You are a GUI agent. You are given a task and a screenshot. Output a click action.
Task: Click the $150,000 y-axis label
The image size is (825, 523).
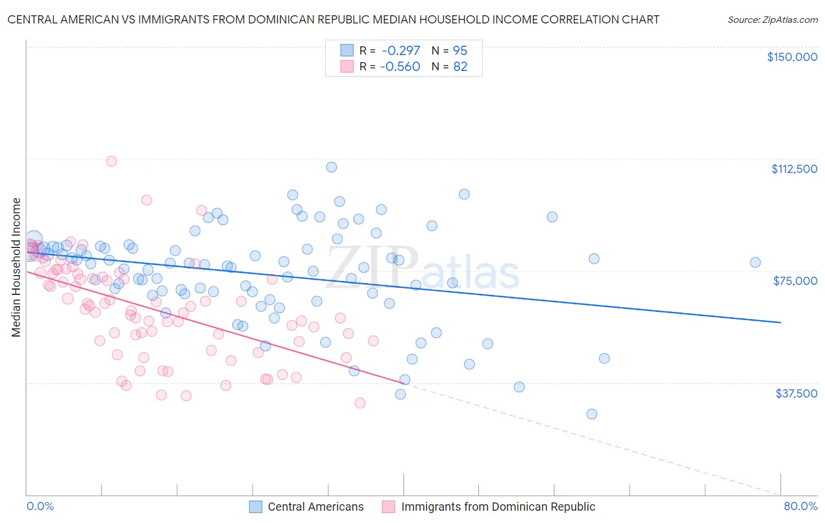pyautogui.click(x=792, y=57)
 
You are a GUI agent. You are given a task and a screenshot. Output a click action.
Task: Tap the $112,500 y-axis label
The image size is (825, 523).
pyautogui.click(x=794, y=169)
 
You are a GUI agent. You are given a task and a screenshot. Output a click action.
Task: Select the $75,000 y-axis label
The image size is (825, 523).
pyautogui.click(x=795, y=281)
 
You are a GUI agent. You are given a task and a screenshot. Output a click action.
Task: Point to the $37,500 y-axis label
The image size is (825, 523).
pyautogui.click(x=796, y=393)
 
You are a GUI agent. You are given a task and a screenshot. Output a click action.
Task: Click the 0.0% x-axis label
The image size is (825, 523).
pyautogui.click(x=40, y=506)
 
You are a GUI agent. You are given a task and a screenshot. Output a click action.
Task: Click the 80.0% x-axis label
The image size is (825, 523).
pyautogui.click(x=800, y=506)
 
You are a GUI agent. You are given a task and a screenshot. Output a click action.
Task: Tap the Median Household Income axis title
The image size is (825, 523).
pyautogui.click(x=16, y=267)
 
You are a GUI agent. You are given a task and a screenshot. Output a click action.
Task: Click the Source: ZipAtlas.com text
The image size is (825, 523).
pyautogui.click(x=772, y=20)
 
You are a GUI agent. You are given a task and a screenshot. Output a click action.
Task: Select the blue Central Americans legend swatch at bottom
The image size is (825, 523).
pyautogui.click(x=256, y=507)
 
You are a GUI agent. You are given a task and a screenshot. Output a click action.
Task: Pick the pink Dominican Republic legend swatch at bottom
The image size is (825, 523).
pyautogui.click(x=388, y=507)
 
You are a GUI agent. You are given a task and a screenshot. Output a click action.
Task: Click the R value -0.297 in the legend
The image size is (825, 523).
pyautogui.click(x=400, y=51)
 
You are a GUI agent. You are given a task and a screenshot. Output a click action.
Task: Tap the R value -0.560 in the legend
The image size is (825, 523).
pyautogui.click(x=400, y=67)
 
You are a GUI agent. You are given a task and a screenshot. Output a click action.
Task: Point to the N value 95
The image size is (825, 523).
pyautogui.click(x=460, y=51)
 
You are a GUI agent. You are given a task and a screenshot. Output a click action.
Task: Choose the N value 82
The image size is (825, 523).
pyautogui.click(x=460, y=67)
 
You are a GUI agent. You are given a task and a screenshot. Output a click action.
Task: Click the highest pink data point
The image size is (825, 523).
pyautogui.click(x=111, y=161)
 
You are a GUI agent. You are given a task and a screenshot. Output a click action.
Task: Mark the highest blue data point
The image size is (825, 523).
pyautogui.click(x=332, y=167)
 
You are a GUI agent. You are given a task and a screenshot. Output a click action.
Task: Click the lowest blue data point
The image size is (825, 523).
pyautogui.click(x=591, y=414)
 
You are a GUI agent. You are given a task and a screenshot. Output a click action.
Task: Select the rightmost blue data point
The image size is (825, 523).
pyautogui.click(x=755, y=263)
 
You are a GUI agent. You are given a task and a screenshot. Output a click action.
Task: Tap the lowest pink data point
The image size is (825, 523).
pyautogui.click(x=360, y=403)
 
